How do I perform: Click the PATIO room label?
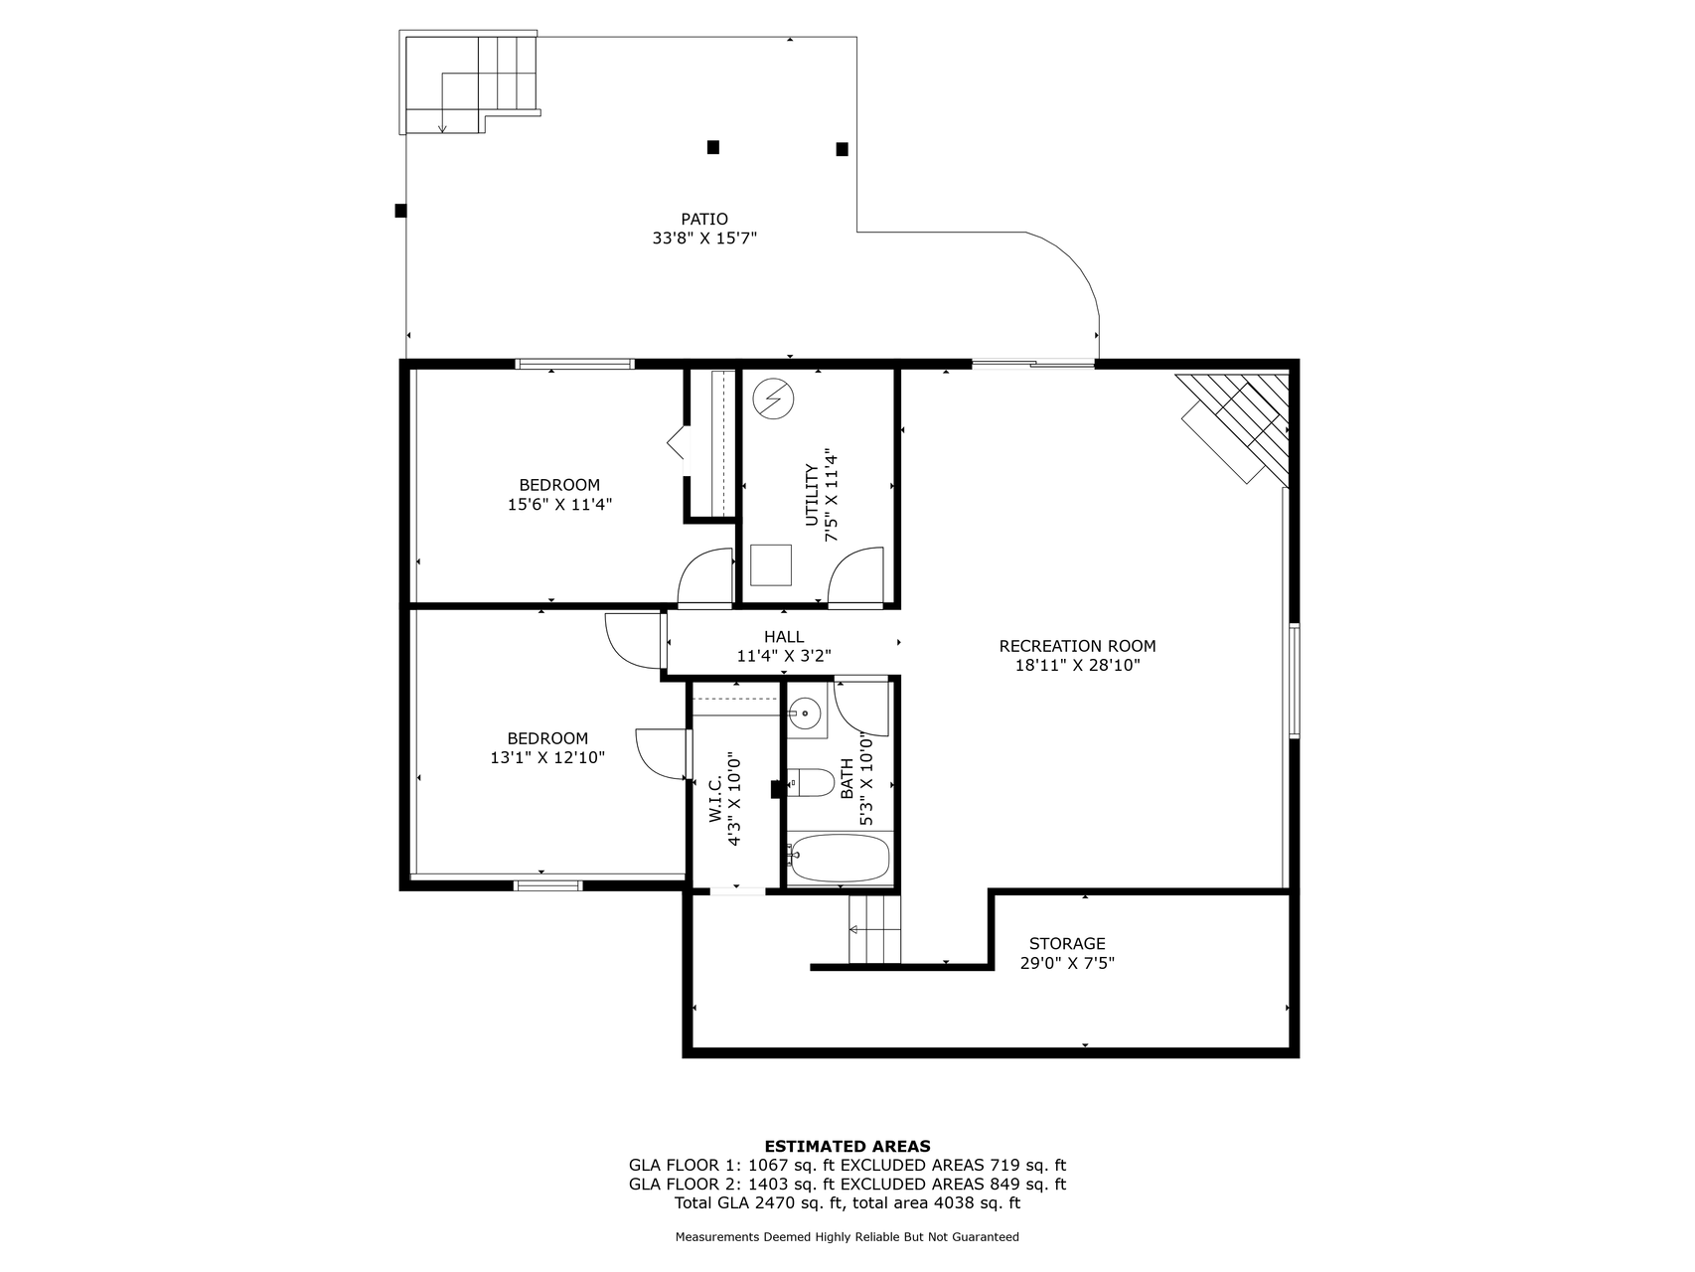pos(704,219)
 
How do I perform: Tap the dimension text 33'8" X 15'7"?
pos(704,238)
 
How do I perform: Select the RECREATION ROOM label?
pos(1077,646)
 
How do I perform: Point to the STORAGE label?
pos(1067,943)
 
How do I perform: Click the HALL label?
pos(784,637)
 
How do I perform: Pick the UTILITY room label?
pos(812,495)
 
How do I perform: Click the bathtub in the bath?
pos(841,859)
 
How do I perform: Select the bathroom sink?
pos(804,712)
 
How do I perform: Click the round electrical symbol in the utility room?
pos(773,399)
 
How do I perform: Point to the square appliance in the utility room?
pos(771,564)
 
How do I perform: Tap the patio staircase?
pos(471,82)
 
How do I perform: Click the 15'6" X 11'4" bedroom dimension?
pos(559,504)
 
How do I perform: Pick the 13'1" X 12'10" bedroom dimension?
pos(547,757)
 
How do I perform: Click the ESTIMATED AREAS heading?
pos(847,1146)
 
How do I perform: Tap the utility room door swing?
pos(855,575)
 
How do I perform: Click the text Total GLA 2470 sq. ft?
pos(760,1202)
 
